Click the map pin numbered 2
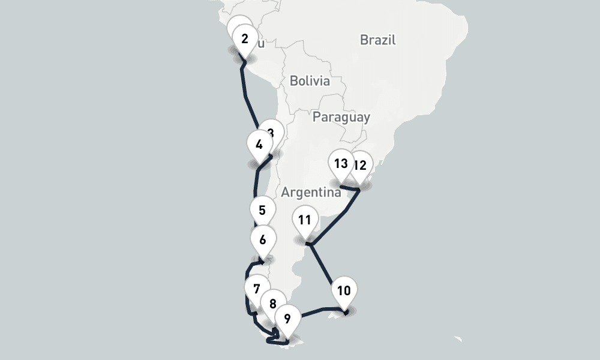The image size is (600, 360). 245,40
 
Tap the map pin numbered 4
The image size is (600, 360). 259,145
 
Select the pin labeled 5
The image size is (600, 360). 262,211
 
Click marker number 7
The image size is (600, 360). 257,289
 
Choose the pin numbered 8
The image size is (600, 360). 273,304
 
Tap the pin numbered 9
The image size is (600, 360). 287,319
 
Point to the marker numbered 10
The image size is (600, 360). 344,292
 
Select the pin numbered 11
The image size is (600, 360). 305,220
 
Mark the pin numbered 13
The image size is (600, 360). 341,163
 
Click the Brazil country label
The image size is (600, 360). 378,40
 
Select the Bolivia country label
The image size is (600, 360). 310,80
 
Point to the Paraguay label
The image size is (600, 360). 341,117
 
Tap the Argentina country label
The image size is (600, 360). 311,193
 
